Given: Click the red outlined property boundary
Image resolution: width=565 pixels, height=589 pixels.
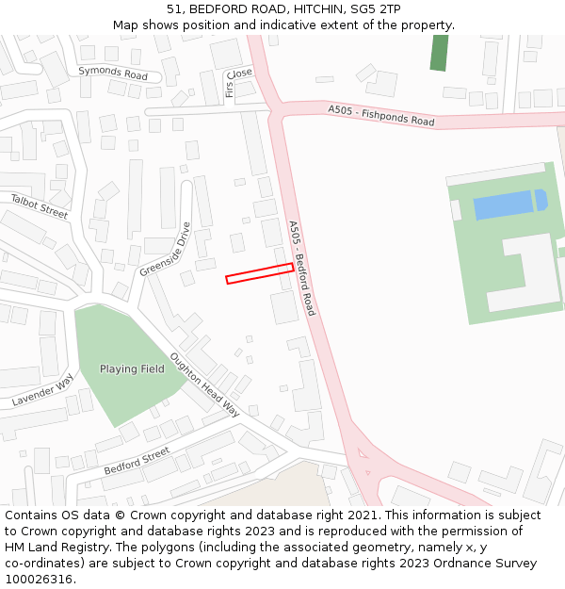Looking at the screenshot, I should point(259,273).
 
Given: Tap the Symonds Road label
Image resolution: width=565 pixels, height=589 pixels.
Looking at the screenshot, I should point(113,74).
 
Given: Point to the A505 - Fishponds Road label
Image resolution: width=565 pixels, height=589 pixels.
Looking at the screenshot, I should point(381,116).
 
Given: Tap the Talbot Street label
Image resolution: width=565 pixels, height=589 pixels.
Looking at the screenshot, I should point(40,205).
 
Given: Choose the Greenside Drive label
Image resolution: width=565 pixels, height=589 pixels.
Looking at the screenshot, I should point(166,249).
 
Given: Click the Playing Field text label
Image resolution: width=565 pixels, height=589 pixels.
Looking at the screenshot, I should point(132,369).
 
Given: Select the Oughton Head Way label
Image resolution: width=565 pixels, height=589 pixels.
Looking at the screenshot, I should point(204,384).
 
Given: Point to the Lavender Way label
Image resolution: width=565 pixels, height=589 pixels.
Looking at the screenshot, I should point(42,390).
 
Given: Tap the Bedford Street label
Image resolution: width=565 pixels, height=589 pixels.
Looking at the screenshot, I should point(137,461).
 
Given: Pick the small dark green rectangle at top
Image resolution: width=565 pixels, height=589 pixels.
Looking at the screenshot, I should point(439,53).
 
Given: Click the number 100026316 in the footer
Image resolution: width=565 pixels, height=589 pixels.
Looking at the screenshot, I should point(39,579).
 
